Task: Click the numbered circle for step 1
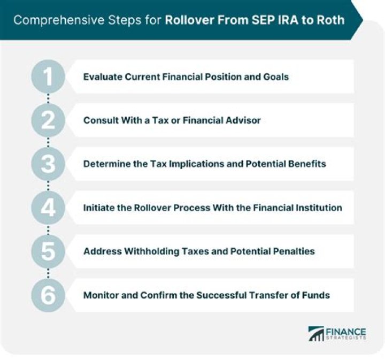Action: point(49,76)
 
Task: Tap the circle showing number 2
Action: point(49,120)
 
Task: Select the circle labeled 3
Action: point(49,164)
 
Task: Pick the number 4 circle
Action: point(49,208)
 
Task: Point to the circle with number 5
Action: point(49,251)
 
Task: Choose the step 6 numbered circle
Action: point(49,295)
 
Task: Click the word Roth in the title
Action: point(332,21)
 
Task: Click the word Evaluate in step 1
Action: point(102,76)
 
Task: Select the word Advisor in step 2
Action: point(244,120)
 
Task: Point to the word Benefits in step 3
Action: point(306,164)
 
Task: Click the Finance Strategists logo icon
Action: point(316,334)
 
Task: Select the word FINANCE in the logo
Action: point(345,331)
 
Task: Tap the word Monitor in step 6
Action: point(100,295)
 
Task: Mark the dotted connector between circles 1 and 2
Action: point(49,98)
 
